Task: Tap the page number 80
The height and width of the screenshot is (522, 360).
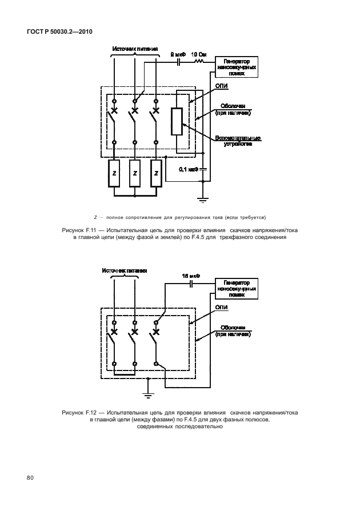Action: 29,477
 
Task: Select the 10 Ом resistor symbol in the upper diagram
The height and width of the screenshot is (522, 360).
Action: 200,59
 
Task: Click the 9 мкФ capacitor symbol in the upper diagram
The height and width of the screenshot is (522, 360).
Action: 178,59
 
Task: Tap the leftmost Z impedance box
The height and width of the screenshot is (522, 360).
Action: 114,173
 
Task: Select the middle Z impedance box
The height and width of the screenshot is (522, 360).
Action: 135,173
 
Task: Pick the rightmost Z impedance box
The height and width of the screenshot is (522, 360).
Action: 155,173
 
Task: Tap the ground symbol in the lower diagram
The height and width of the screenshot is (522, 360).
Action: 147,394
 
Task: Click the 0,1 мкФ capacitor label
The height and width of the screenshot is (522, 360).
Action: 188,169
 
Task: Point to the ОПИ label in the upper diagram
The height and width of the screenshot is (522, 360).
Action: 222,86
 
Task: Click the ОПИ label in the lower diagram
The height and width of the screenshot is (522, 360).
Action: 222,308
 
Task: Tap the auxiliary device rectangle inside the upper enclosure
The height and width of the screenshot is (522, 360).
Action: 177,121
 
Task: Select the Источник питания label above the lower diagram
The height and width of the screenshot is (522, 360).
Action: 125,270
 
